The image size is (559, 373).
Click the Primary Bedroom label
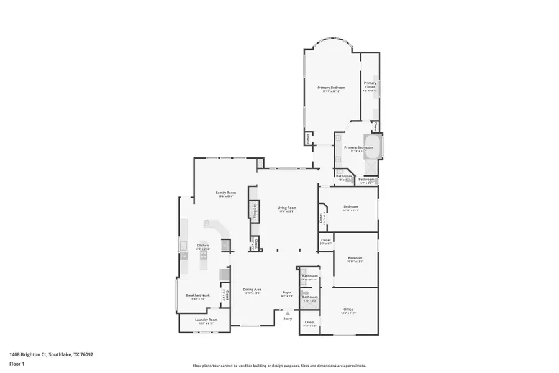click(331, 88)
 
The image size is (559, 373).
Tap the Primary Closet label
click(370, 85)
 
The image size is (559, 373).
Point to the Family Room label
click(225, 193)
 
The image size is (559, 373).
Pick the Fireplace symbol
click(253, 210)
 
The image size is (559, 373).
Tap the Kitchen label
click(202, 246)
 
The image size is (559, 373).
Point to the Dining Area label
click(252, 290)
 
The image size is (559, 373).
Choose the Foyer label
click(287, 292)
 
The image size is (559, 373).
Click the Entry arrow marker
click(287, 313)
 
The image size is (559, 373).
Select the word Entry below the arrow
click(287, 319)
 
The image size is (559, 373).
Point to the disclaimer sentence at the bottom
click(279, 366)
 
